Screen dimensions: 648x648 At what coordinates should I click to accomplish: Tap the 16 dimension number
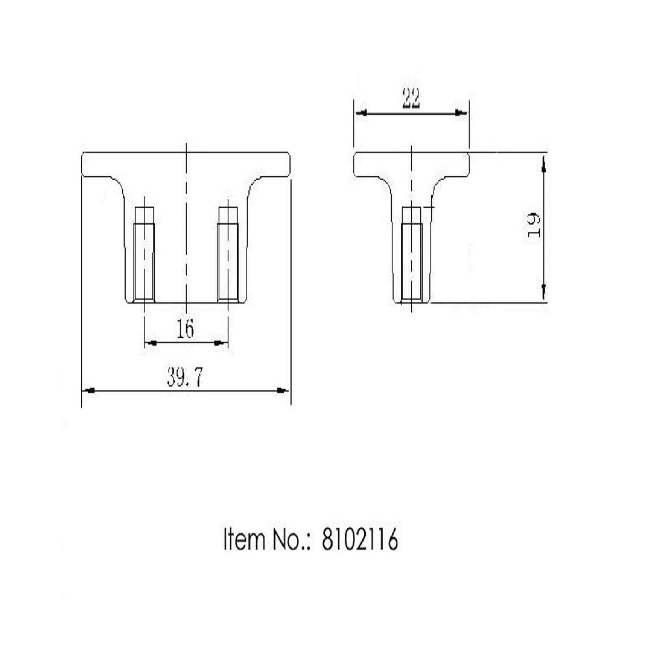pos(186,330)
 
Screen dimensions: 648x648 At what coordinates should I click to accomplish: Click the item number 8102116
pos(359,540)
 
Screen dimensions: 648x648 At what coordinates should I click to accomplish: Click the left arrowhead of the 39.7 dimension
pos(89,391)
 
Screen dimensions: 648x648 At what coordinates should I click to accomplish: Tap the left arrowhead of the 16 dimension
pos(151,343)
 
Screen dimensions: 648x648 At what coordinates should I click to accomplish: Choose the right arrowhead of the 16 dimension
pos(220,343)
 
